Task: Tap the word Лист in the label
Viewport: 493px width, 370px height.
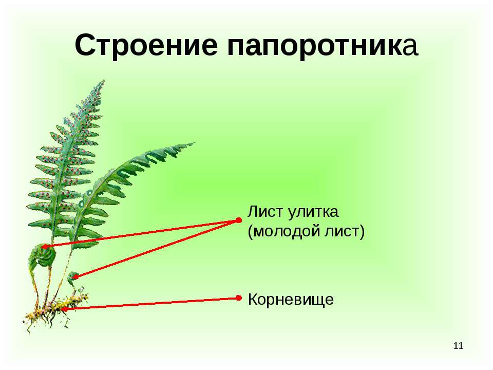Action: point(263,211)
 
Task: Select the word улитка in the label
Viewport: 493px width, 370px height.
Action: point(313,212)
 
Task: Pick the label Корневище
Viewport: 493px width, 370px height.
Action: point(291,300)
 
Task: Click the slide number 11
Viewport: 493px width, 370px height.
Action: point(459,346)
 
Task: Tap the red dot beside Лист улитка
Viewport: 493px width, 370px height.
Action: point(239,220)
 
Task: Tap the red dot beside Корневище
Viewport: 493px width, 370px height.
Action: point(239,298)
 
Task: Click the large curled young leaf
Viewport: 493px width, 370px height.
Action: point(43,256)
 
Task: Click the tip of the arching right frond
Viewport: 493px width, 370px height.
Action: point(194,143)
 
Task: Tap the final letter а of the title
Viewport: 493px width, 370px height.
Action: point(410,48)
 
